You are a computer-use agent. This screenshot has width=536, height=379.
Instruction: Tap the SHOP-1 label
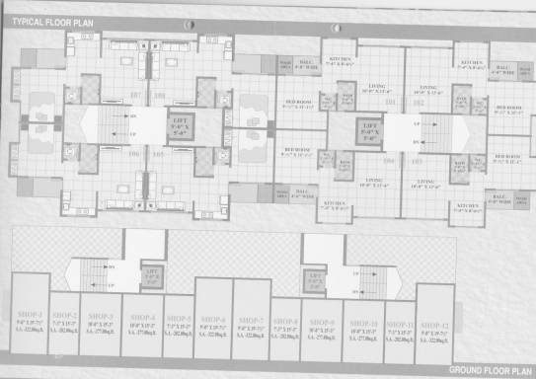[x=28, y=319]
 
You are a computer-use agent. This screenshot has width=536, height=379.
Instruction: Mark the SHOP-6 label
[x=212, y=320]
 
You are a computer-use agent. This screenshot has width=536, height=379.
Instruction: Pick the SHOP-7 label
[x=251, y=320]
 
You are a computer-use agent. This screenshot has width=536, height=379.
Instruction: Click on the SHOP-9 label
[x=322, y=322]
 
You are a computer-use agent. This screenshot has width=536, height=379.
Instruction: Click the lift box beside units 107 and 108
[x=181, y=126]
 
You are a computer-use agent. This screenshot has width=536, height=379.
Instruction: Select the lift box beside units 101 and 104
[x=369, y=130]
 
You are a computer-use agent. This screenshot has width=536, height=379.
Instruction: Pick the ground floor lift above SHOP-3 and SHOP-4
[x=151, y=275]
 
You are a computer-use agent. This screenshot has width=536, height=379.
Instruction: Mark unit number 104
[x=390, y=160]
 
